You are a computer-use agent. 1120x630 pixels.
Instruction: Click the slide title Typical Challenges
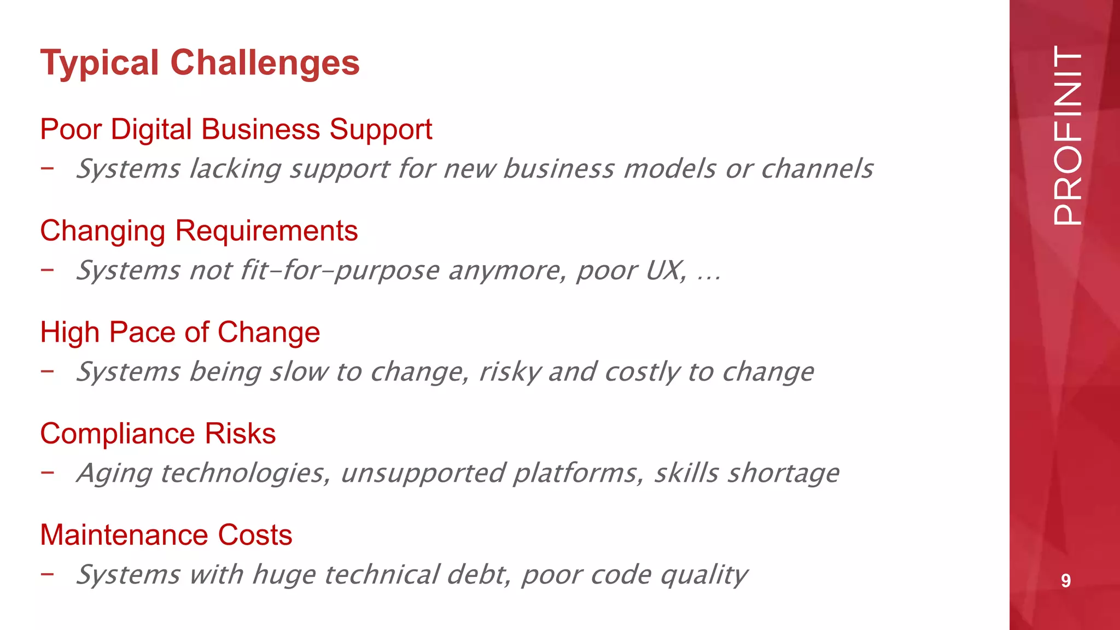tap(200, 63)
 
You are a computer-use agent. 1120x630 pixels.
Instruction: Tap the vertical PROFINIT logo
tap(1067, 136)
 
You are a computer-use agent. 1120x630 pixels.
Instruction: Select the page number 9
tap(1065, 580)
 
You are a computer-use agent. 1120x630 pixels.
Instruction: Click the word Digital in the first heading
tap(151, 130)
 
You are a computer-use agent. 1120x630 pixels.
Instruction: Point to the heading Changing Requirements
tap(199, 231)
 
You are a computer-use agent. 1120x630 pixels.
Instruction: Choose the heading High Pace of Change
tap(180, 332)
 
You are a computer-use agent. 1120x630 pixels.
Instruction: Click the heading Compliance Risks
tap(157, 434)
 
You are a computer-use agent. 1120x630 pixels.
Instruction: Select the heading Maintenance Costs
tap(166, 535)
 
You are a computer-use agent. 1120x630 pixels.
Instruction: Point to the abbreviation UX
tap(665, 270)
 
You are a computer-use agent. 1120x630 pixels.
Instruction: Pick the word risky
tap(510, 372)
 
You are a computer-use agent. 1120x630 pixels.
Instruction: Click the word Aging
tap(114, 474)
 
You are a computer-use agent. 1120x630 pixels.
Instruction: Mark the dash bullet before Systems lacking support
tap(47, 168)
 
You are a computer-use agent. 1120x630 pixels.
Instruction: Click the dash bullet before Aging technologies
tap(47, 472)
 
